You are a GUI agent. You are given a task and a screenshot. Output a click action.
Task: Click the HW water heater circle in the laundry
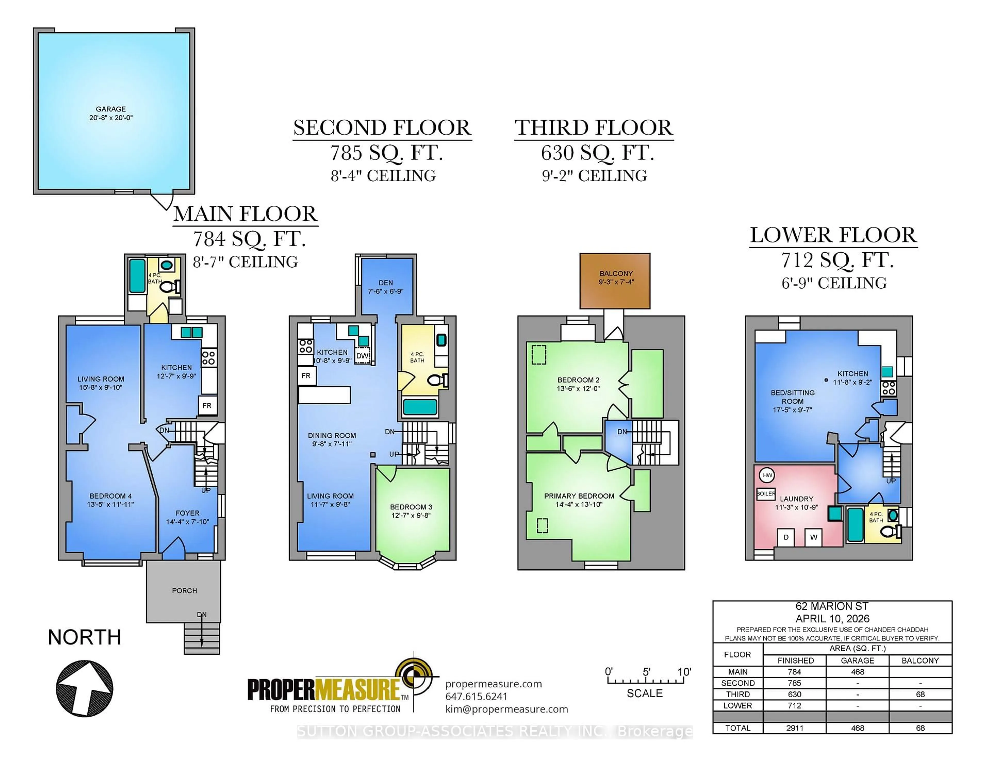point(767,475)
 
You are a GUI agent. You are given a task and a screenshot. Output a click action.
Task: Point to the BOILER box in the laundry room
point(766,494)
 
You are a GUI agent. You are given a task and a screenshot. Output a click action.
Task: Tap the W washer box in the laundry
point(813,537)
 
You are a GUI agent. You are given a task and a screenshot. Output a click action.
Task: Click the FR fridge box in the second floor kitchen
point(306,375)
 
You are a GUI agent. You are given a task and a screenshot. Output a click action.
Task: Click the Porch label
point(184,591)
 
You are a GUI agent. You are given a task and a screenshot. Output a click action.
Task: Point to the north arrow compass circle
point(84,688)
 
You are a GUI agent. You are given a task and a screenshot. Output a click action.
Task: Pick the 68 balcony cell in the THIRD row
point(920,694)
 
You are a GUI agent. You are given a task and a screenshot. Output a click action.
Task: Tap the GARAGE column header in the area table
point(857,660)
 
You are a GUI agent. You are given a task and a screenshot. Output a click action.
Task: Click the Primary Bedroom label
point(579,496)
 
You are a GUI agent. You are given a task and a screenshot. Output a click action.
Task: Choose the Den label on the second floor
point(385,282)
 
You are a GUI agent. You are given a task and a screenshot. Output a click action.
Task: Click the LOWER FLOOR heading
point(833,235)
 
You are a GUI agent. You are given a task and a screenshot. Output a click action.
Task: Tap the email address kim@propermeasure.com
point(506,709)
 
